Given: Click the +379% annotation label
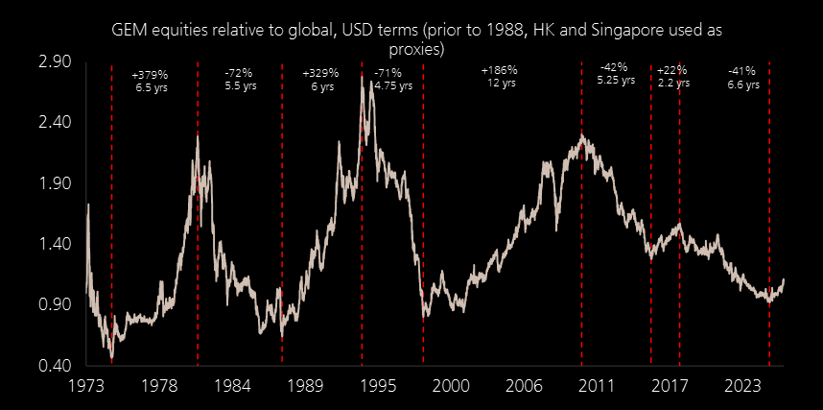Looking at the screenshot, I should [x=150, y=73].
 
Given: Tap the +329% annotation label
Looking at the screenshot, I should [x=321, y=73].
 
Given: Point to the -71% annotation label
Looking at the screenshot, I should [x=388, y=73].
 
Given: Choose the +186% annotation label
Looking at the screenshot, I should [x=499, y=70].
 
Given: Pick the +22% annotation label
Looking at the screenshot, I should [x=671, y=71].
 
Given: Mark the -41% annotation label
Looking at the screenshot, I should [x=741, y=71].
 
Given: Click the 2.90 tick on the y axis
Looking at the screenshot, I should [x=55, y=61].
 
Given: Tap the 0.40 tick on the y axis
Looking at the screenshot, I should [x=55, y=366].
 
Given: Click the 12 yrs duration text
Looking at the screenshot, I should [x=500, y=84].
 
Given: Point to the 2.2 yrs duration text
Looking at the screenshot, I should [x=672, y=84].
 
